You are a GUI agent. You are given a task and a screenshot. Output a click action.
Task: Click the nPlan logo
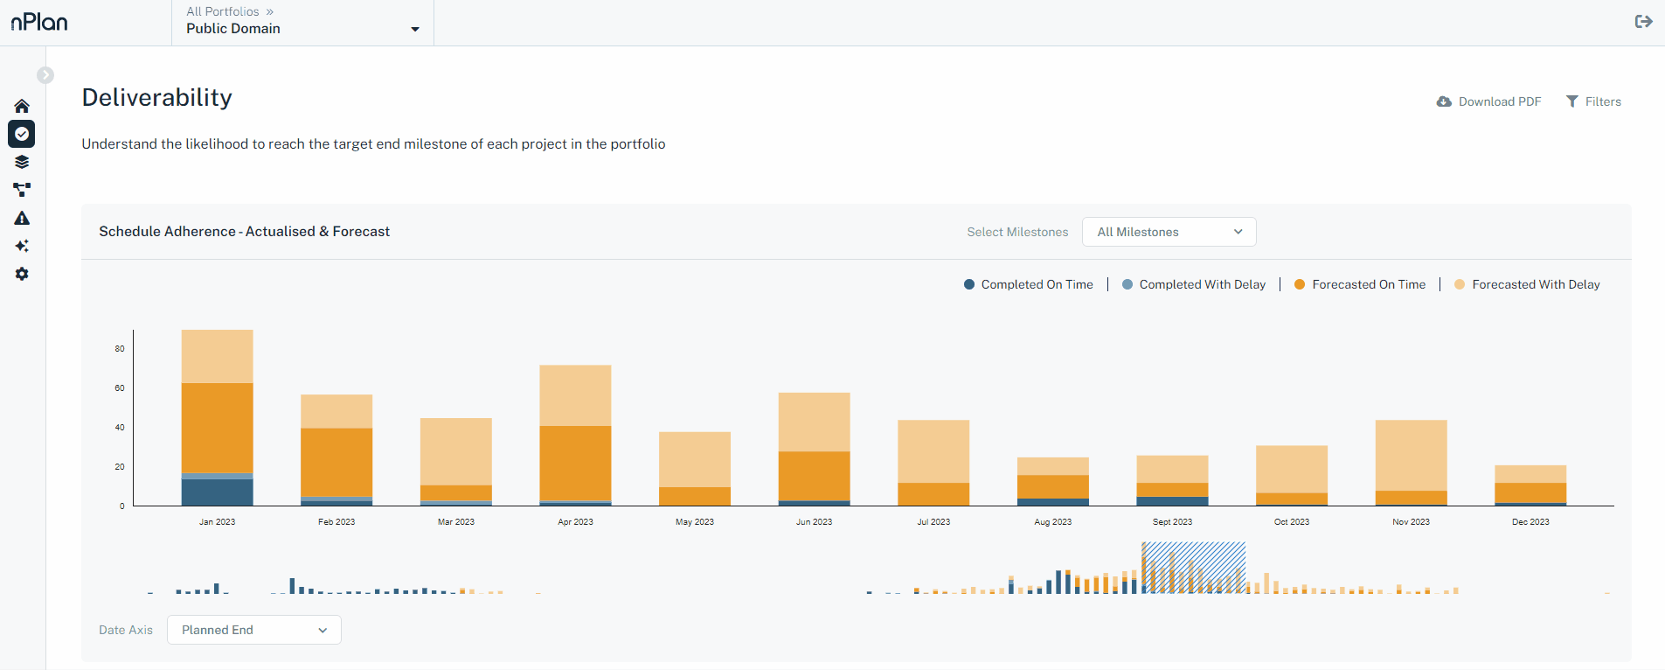coord(39,22)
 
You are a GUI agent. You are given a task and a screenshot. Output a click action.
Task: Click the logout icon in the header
coord(1643,22)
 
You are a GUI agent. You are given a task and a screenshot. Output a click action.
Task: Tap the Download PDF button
coord(1488,101)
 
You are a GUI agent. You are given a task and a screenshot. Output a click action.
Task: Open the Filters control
coord(1593,101)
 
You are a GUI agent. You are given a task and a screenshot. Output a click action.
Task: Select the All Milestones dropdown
coord(1169,232)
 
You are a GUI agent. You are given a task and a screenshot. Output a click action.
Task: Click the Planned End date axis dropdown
coord(253,630)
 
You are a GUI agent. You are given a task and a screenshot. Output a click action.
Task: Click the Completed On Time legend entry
coord(1029,284)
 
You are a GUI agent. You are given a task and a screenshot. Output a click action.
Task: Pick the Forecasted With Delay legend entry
coord(1527,284)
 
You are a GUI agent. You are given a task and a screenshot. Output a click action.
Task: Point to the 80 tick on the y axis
coord(120,349)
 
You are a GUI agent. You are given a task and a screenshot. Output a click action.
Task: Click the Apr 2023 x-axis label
coord(575,522)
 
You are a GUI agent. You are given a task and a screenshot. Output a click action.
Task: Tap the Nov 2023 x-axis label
coord(1411,522)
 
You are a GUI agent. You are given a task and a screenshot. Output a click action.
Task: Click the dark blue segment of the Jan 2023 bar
coord(217,492)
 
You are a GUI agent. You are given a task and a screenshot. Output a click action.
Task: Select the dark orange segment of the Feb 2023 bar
coord(336,462)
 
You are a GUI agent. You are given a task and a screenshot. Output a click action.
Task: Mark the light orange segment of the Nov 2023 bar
coord(1411,455)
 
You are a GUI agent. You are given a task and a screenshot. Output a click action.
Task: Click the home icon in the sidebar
coord(22,106)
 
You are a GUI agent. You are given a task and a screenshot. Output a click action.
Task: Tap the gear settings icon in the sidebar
coord(22,274)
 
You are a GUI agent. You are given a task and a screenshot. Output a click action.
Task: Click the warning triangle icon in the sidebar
coord(22,218)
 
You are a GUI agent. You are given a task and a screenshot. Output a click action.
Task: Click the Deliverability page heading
coord(157,97)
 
